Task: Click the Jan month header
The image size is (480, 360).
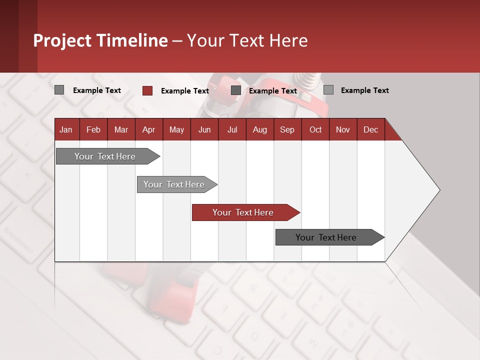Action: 66,129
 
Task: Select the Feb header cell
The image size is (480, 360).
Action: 93,129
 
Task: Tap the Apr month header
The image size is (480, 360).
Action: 148,129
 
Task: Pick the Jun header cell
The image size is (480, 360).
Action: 204,129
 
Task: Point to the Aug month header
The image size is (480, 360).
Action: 259,129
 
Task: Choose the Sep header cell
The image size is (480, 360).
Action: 287,129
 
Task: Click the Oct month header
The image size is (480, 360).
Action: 315,129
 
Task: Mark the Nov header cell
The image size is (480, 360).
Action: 343,129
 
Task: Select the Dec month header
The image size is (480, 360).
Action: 370,129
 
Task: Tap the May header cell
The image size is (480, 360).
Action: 176,129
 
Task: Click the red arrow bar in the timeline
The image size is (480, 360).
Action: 243,212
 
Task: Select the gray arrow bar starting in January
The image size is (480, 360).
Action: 105,156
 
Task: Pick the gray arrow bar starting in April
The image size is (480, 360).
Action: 174,184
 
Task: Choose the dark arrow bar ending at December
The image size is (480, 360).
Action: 326,237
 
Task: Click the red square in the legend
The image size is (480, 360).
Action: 147,90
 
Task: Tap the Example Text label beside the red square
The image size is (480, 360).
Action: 184,91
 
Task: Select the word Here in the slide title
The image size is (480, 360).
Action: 288,40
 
